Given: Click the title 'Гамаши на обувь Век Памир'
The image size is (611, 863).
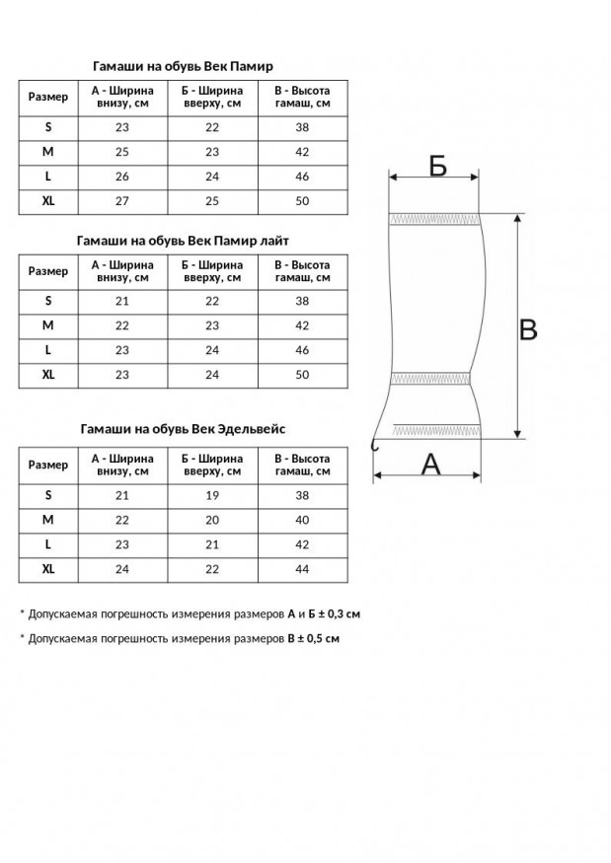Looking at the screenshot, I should [183, 66].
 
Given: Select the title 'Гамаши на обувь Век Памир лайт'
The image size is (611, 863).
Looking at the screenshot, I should [183, 240].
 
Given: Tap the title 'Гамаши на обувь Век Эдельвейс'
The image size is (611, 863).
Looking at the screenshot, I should [183, 429].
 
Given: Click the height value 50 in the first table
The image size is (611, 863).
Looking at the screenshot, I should [302, 201].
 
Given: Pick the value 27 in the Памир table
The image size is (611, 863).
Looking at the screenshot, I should [122, 201].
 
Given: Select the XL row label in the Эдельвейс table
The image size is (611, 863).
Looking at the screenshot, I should [48, 569].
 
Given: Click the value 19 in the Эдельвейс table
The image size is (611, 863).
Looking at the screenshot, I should [212, 495].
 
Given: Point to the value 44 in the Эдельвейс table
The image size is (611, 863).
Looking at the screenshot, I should [302, 569].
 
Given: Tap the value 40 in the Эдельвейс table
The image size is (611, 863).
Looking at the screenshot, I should [302, 520].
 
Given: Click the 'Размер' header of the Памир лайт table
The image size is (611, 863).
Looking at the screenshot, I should [48, 271].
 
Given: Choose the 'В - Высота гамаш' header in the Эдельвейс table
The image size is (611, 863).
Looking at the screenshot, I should [302, 465].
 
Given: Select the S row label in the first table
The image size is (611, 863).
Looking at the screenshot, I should [48, 127].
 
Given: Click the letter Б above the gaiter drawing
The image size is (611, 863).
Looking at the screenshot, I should [437, 166].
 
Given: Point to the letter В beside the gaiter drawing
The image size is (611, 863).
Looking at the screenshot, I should [528, 329].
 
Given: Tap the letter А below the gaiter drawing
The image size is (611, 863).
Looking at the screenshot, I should [431, 463].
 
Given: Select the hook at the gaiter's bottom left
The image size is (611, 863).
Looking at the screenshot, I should [374, 445].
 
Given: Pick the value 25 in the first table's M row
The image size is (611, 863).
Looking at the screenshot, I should [122, 152].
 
